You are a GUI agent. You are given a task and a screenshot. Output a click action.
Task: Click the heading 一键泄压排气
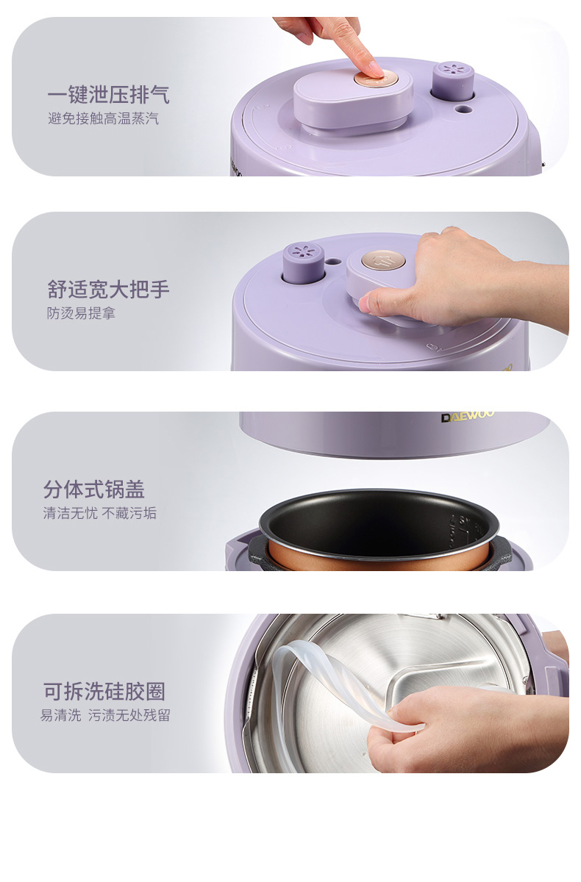click(108, 95)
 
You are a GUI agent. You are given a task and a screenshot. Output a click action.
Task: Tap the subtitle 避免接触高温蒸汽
click(103, 118)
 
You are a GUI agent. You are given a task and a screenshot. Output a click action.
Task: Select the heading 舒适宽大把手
click(108, 290)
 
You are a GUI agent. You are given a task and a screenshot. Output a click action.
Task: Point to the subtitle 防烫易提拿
click(81, 313)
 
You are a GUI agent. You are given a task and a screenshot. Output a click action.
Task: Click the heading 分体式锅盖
click(93, 490)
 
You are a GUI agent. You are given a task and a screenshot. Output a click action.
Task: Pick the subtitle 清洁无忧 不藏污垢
click(100, 513)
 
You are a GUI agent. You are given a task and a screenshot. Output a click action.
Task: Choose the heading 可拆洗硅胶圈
click(104, 692)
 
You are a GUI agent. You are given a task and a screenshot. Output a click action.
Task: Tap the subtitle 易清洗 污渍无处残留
click(104, 715)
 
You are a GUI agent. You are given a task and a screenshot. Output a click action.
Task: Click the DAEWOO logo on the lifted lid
click(468, 417)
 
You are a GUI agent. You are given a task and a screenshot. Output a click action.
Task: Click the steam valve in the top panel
click(453, 80)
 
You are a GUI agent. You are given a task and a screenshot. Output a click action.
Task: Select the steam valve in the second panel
click(303, 262)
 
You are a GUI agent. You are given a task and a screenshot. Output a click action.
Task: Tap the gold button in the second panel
click(384, 260)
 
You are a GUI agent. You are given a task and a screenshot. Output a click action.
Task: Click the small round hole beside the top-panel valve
click(463, 108)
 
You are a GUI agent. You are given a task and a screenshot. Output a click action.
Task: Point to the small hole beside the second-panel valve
click(333, 261)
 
